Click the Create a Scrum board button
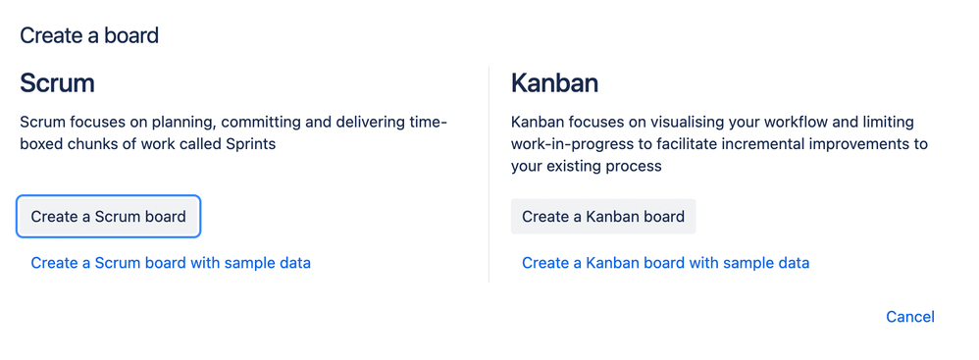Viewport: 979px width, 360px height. click(x=108, y=217)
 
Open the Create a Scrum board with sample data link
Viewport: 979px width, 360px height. click(x=171, y=263)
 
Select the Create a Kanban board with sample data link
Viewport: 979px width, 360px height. click(x=665, y=263)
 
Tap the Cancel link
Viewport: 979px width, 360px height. click(x=909, y=317)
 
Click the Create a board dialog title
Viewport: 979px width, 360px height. click(x=89, y=35)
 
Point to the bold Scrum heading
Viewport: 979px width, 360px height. click(x=58, y=83)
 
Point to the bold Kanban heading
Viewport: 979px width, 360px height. click(x=554, y=83)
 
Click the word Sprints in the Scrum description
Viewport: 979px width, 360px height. click(x=253, y=144)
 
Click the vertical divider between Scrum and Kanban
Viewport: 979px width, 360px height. click(x=489, y=174)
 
